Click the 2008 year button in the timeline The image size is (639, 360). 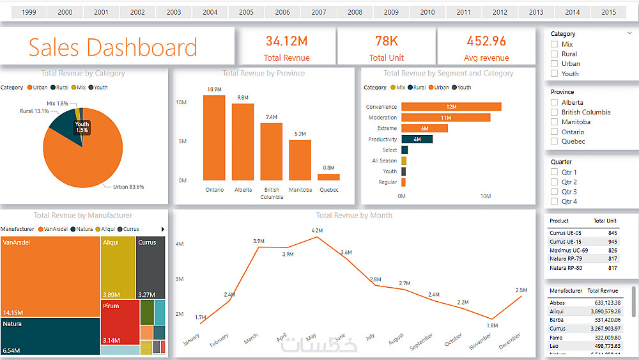(355, 12)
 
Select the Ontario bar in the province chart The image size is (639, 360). (214, 137)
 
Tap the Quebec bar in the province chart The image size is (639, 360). (328, 177)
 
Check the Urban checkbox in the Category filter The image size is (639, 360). (555, 63)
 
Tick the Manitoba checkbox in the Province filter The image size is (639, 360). (555, 121)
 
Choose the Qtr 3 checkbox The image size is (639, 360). (555, 192)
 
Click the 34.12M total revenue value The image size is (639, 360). (286, 42)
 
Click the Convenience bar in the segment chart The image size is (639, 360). (451, 107)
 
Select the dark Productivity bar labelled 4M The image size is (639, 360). (417, 139)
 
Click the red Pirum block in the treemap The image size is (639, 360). (119, 323)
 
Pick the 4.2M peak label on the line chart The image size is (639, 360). (317, 230)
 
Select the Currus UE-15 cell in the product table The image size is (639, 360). (566, 242)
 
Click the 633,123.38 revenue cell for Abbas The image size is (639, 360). (603, 302)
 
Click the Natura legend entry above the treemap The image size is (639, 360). (82, 229)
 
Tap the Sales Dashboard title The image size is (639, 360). (113, 48)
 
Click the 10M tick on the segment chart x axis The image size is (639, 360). (485, 196)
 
